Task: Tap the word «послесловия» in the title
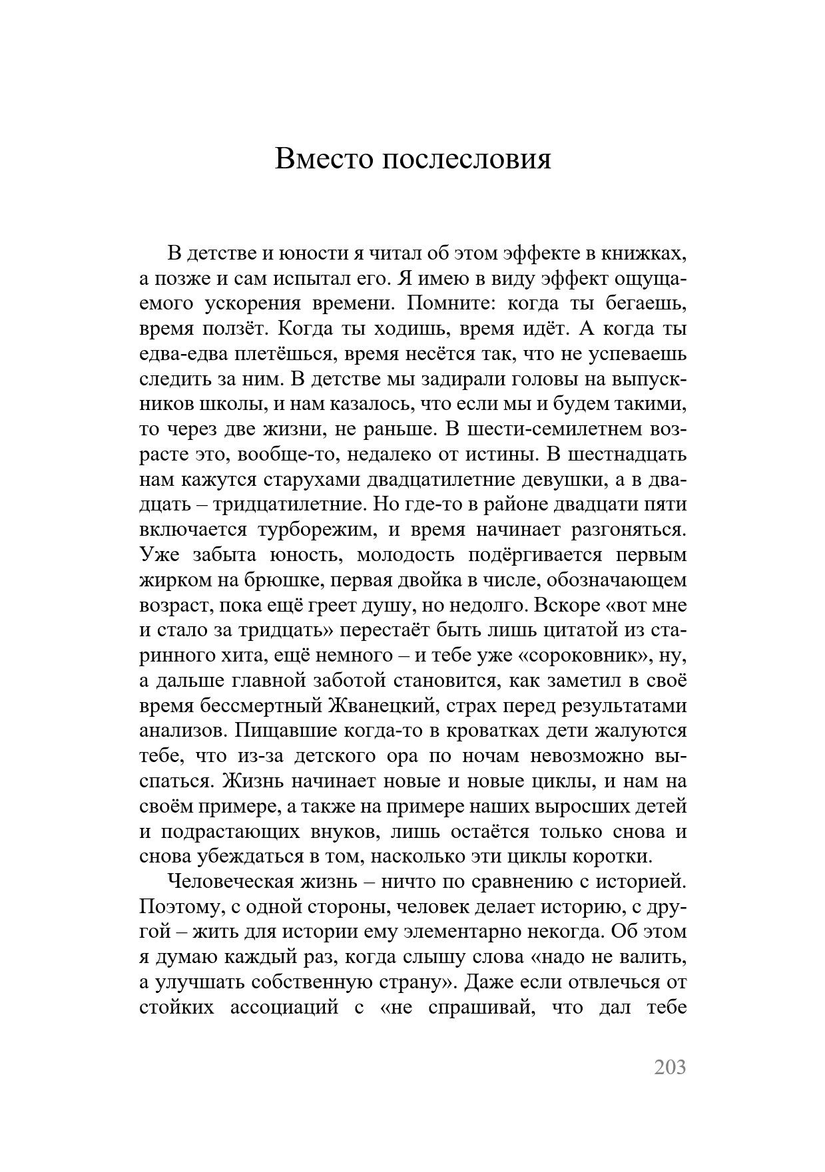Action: pyautogui.click(x=466, y=160)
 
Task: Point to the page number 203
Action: pyautogui.click(x=669, y=1067)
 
